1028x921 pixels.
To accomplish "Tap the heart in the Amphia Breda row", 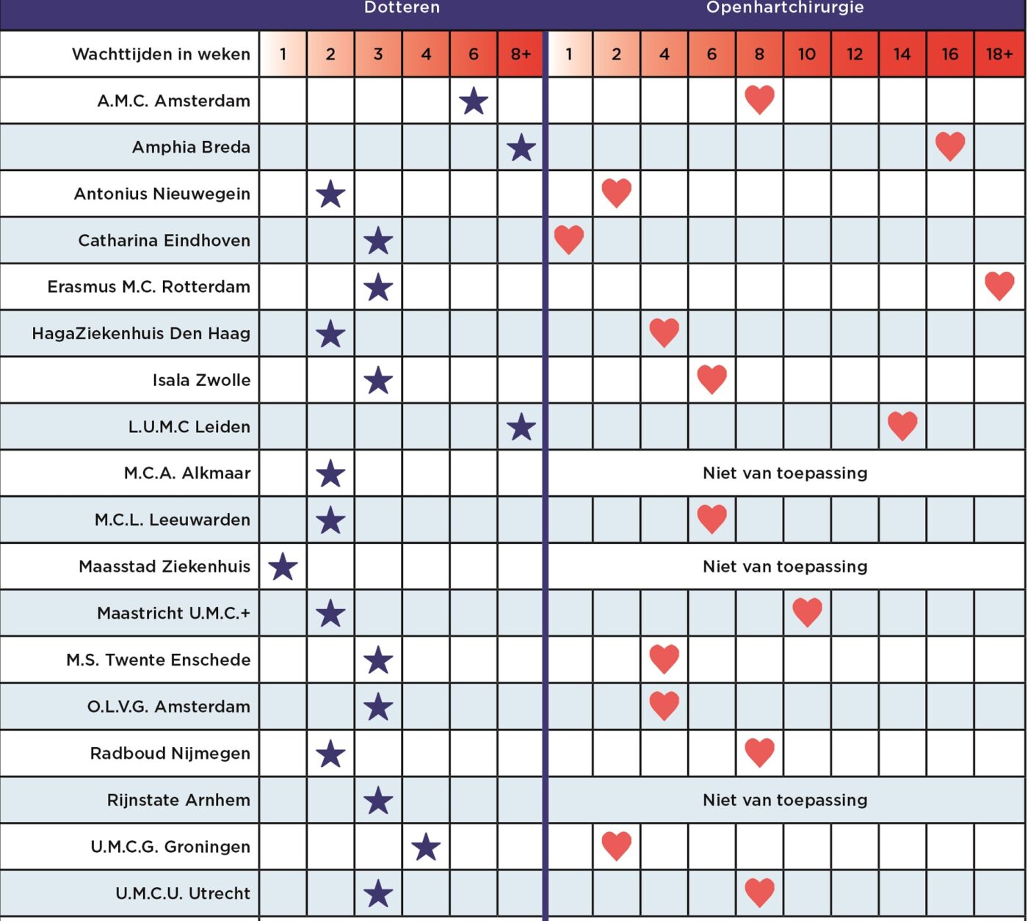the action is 950,147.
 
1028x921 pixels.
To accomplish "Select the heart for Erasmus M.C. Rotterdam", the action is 999,286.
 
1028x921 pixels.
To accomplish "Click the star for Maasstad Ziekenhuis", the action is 283,567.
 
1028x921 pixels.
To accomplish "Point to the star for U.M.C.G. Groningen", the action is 426,846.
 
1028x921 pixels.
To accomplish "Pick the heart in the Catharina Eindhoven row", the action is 569,239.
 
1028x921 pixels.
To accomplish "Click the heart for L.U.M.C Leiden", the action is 902,426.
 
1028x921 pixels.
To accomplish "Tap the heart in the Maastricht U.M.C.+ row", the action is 807,613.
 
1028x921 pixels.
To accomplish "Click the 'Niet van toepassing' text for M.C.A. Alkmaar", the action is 785,473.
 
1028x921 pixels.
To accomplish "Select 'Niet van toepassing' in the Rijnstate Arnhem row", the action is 785,800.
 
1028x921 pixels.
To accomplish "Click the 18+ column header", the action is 999,54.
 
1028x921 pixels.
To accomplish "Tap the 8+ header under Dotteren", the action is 521,54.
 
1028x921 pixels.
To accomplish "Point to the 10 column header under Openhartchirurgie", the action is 807,54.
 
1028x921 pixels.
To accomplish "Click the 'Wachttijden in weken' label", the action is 162,54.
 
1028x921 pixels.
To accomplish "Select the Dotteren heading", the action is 402,7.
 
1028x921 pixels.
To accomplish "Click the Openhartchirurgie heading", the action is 785,7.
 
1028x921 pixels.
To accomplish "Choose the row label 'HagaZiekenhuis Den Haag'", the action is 141,333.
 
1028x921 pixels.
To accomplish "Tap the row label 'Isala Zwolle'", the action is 201,380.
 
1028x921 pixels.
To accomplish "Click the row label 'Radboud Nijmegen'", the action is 170,753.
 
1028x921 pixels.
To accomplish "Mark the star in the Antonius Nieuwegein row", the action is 330,193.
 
